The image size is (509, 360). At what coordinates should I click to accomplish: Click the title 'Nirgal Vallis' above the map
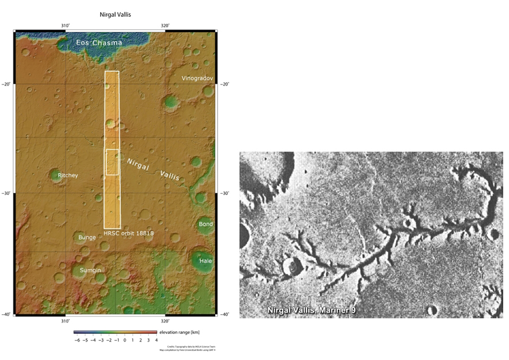click(x=116, y=14)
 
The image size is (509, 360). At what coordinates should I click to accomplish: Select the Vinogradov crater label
click(x=197, y=78)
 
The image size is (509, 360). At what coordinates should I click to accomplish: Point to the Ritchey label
click(x=68, y=175)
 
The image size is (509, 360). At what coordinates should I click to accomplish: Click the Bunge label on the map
click(x=87, y=237)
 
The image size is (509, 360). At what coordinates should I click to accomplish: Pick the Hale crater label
click(x=205, y=261)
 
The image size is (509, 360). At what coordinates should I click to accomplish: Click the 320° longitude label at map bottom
click(x=165, y=321)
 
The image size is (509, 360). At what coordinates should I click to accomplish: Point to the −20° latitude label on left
click(x=7, y=85)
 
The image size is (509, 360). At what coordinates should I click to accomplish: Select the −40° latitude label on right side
click(x=225, y=314)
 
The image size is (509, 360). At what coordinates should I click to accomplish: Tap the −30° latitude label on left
click(x=7, y=193)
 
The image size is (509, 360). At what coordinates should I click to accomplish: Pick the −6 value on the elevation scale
click(x=78, y=341)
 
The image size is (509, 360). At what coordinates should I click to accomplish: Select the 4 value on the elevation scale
click(x=157, y=341)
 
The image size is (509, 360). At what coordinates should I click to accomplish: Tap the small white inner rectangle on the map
click(x=112, y=162)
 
